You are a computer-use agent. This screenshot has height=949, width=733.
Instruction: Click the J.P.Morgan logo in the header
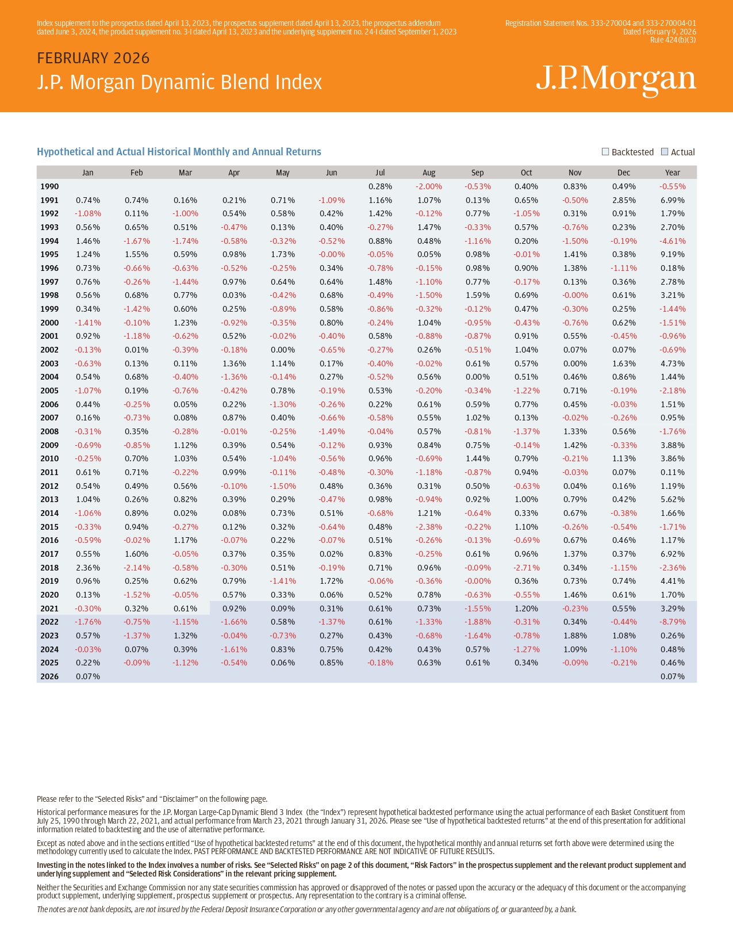(616, 79)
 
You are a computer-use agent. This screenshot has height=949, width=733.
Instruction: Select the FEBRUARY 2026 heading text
(93, 58)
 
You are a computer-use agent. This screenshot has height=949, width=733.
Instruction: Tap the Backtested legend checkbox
(605, 152)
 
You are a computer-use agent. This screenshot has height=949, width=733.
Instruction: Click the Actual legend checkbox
(665, 152)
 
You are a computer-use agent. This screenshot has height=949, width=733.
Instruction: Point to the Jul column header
(380, 173)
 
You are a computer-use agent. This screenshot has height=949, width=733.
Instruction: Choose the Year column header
(673, 173)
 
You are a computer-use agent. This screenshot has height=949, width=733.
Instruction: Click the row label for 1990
(49, 186)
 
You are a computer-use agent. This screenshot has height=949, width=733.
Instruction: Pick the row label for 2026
(49, 676)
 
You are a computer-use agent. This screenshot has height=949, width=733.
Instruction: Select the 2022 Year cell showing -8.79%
(673, 622)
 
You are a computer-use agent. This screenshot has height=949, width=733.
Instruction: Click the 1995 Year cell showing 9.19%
(673, 254)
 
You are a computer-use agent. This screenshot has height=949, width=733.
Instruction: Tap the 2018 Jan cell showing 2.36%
(88, 568)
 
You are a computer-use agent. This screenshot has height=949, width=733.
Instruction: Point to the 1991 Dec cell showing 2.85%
(624, 200)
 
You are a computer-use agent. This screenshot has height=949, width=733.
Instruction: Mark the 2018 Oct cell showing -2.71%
(527, 568)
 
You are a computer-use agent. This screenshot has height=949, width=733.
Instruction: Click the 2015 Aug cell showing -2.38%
(429, 527)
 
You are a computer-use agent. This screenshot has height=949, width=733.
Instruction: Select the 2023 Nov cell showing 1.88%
(575, 636)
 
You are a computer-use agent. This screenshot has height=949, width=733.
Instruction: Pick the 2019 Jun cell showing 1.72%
(332, 581)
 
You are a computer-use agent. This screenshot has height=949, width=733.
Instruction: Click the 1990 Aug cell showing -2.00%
(429, 186)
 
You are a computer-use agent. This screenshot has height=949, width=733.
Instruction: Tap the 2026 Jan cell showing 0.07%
(88, 676)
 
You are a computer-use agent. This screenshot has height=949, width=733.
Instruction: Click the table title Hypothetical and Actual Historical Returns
(179, 152)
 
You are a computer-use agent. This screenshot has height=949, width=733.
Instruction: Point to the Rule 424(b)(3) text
(673, 40)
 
